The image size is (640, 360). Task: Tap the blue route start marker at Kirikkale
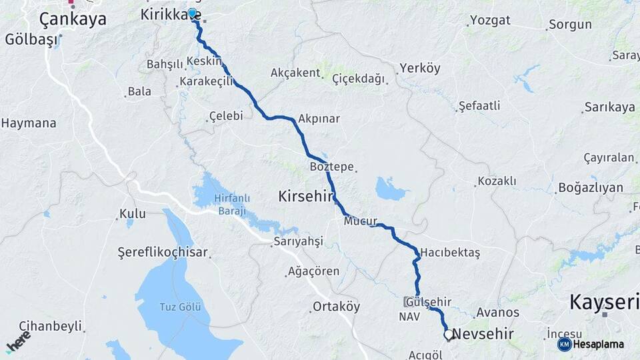pyautogui.click(x=192, y=13)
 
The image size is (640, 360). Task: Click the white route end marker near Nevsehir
pyautogui.click(x=449, y=335)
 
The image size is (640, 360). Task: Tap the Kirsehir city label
pyautogui.click(x=305, y=196)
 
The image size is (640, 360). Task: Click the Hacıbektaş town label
pyautogui.click(x=450, y=253)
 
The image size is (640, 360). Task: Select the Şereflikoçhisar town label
pyautogui.click(x=163, y=253)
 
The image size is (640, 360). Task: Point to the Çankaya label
pyautogui.click(x=73, y=19)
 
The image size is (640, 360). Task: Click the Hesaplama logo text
pyautogui.click(x=598, y=345)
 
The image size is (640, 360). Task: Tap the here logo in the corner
pyautogui.click(x=18, y=341)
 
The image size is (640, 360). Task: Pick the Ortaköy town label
pyautogui.click(x=337, y=307)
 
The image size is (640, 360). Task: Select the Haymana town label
pyautogui.click(x=28, y=123)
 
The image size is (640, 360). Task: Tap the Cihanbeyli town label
pyautogui.click(x=50, y=326)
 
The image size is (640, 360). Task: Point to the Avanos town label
pyautogui.click(x=497, y=312)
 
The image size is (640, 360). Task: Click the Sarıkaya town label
pyautogui.click(x=609, y=107)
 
